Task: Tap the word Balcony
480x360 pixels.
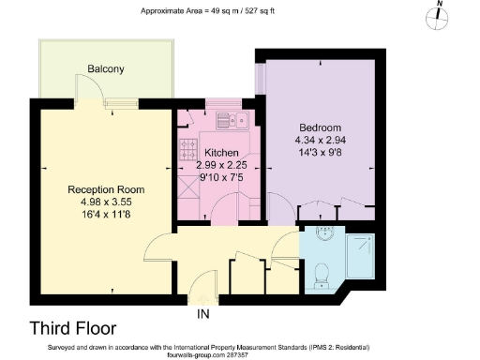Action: (106, 69)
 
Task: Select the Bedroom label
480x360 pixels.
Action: (320, 127)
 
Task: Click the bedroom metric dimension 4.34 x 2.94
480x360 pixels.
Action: (320, 140)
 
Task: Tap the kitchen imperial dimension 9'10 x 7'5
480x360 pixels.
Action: (222, 176)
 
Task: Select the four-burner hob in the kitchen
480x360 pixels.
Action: (187, 150)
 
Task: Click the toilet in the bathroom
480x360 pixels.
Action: (322, 273)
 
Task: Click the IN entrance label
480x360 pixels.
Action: (203, 313)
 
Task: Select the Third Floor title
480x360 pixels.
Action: (73, 329)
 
